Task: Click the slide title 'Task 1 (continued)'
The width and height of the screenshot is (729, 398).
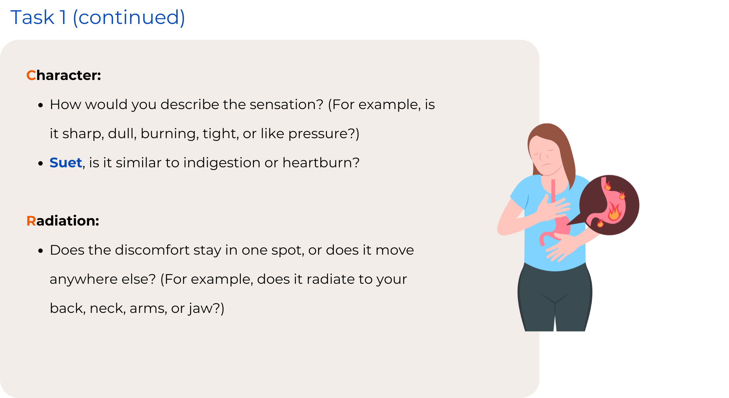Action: pyautogui.click(x=98, y=17)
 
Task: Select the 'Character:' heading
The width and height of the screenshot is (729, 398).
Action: pyautogui.click(x=64, y=75)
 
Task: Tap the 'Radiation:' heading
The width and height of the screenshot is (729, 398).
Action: pyautogui.click(x=63, y=221)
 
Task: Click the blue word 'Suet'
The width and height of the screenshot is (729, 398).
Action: pyautogui.click(x=66, y=163)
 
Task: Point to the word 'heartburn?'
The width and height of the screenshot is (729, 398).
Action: pyautogui.click(x=321, y=163)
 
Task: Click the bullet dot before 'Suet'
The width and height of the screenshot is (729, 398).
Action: pyautogui.click(x=41, y=163)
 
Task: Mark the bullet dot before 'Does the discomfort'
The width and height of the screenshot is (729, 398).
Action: pyautogui.click(x=41, y=251)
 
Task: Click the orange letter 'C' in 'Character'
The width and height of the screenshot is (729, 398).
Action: pyautogui.click(x=31, y=75)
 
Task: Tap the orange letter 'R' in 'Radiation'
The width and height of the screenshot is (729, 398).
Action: pyautogui.click(x=31, y=221)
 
